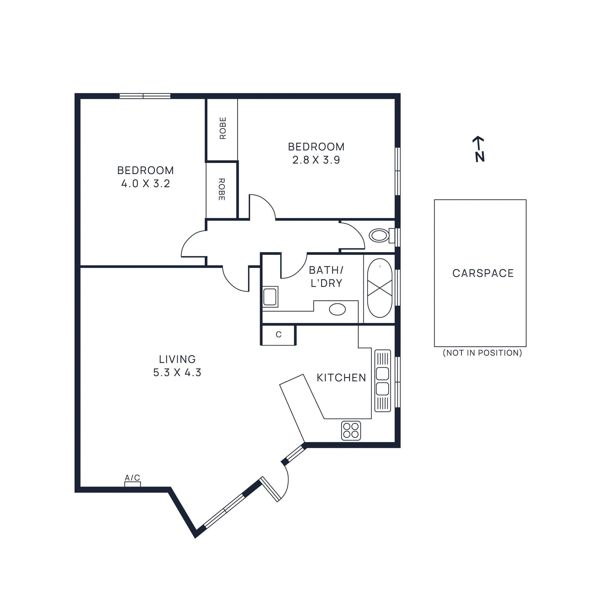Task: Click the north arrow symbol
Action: point(479,149)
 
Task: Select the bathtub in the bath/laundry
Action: point(380,288)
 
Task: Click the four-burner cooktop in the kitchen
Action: point(351,430)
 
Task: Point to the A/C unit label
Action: point(132,478)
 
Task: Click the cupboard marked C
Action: point(278,335)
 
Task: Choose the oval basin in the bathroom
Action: point(337,309)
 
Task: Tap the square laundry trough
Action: point(270,297)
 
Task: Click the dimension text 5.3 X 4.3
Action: point(177,372)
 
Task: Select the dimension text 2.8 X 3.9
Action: point(316,160)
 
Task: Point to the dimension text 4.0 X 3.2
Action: point(146,184)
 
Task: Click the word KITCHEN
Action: point(341,378)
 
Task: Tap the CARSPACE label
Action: point(483,273)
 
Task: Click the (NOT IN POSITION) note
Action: point(482,353)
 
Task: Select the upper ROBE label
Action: point(223,128)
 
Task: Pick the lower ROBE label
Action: point(222,189)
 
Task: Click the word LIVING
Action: point(177,359)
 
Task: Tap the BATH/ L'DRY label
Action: point(326,277)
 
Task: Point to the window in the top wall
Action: point(145,96)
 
